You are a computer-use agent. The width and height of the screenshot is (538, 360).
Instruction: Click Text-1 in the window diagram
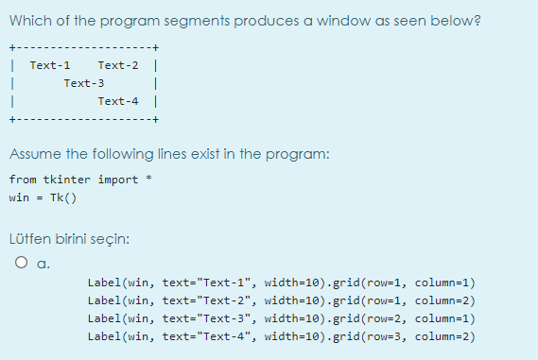(50, 65)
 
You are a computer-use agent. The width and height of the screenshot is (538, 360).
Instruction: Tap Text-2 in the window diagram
(118, 65)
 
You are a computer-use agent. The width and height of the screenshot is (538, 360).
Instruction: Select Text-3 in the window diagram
(84, 83)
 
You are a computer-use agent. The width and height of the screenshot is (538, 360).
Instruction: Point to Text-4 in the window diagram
(118, 101)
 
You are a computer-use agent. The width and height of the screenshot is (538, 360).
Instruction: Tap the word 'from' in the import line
(23, 180)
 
